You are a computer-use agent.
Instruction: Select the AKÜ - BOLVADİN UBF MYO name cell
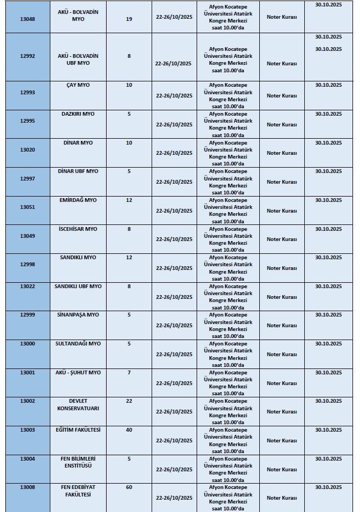click(x=78, y=59)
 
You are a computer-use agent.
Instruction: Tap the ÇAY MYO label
click(x=78, y=85)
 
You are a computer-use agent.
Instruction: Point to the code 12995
click(x=27, y=121)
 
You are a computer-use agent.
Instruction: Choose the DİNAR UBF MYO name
click(x=78, y=171)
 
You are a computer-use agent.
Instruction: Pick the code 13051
click(x=27, y=207)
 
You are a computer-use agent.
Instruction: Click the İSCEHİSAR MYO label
click(x=78, y=229)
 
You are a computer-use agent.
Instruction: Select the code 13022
click(x=27, y=287)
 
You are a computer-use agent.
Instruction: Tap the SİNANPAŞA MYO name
click(x=78, y=315)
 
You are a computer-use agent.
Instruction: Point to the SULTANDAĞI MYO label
click(x=78, y=344)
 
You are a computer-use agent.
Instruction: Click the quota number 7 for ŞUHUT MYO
click(x=129, y=372)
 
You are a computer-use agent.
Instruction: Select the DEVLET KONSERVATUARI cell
click(x=78, y=405)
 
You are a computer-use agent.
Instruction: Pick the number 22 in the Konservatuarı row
click(x=129, y=401)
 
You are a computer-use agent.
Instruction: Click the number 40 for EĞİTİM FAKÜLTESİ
click(x=129, y=430)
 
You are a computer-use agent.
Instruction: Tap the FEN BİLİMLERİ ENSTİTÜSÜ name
click(x=78, y=462)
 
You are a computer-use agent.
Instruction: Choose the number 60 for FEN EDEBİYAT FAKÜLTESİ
click(x=129, y=487)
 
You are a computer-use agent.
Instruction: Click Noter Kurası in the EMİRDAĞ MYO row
click(x=282, y=210)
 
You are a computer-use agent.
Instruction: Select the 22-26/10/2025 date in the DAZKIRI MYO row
click(x=174, y=124)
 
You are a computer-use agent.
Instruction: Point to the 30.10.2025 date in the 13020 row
click(x=328, y=143)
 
